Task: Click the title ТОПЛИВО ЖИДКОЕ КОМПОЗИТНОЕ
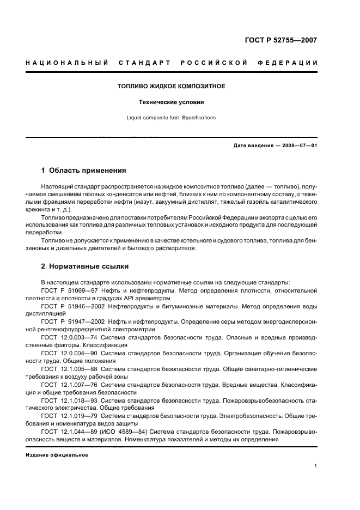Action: click(x=172, y=86)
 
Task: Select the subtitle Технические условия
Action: click(x=172, y=102)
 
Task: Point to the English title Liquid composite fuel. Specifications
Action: click(x=172, y=117)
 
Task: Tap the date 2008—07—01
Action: click(x=299, y=145)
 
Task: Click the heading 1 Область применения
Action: click(x=83, y=170)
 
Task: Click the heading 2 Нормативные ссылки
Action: click(x=84, y=266)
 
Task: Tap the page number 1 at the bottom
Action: click(x=316, y=466)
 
